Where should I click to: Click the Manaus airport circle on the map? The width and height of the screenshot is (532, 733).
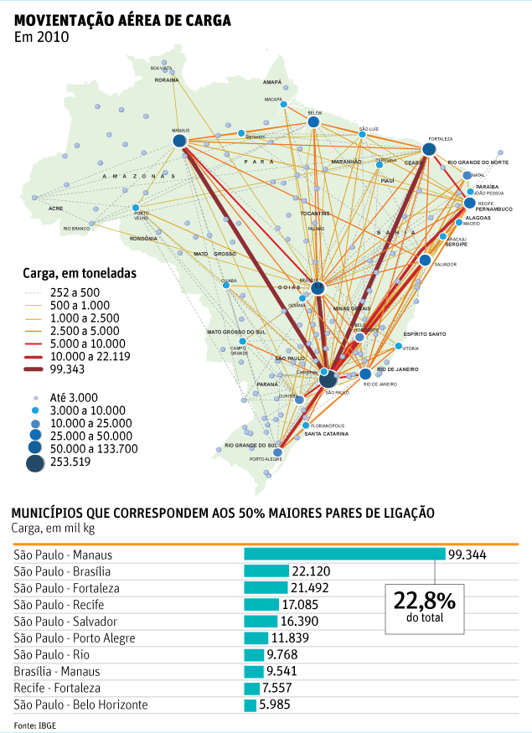coord(179,142)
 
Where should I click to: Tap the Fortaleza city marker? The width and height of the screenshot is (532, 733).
coord(429,149)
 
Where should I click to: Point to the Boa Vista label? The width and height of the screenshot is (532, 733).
coord(162,68)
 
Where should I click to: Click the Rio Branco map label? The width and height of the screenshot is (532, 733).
coord(75,229)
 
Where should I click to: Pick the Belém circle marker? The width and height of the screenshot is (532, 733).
coord(313,122)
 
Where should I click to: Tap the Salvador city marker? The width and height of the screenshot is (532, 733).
coord(425,261)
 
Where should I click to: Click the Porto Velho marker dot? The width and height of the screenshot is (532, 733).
coord(135,207)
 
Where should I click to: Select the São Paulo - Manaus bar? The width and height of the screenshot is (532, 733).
coord(343,555)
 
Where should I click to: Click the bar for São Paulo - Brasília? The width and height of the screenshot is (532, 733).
coord(266,571)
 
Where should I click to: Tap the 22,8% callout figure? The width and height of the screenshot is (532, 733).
coord(424,602)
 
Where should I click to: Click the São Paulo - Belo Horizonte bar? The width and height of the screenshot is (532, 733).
coord(250,705)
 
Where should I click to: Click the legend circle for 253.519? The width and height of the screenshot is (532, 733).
coord(36,462)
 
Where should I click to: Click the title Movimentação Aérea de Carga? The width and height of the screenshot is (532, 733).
coord(123,20)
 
